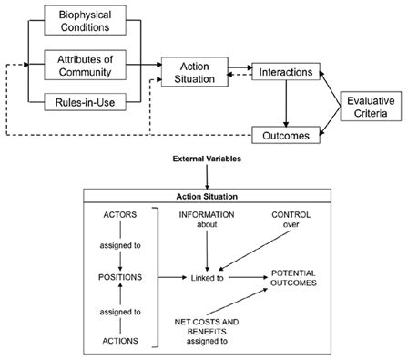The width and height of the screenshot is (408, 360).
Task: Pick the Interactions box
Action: coord(287,70)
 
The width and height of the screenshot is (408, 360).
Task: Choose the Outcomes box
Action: coord(287,136)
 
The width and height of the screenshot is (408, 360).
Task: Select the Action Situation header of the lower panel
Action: coord(205,195)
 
